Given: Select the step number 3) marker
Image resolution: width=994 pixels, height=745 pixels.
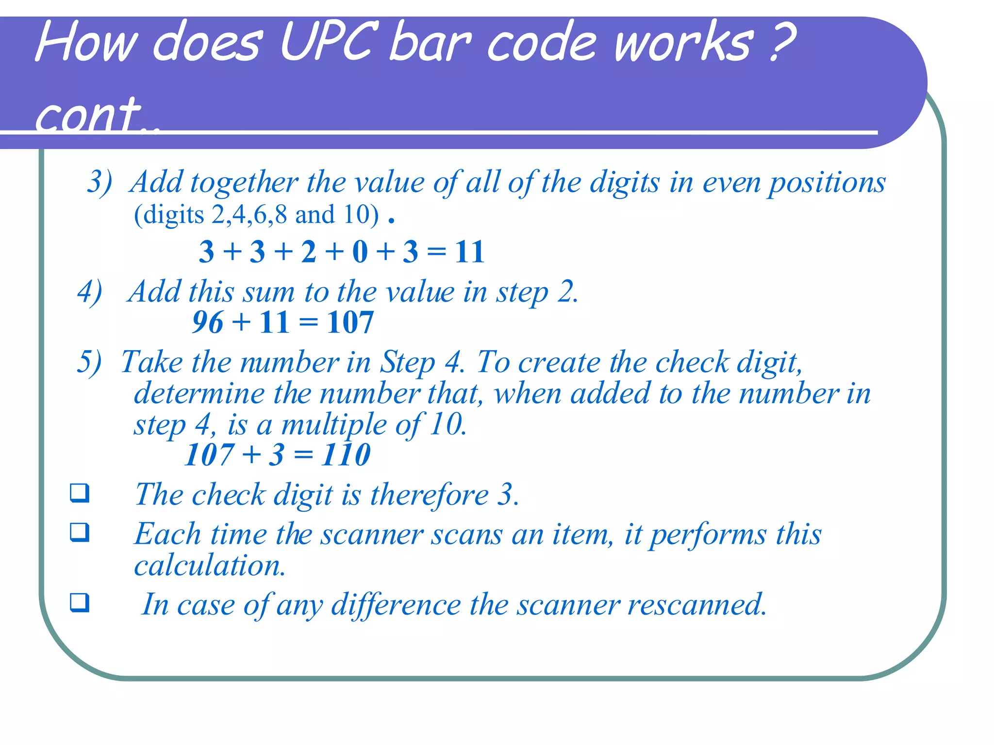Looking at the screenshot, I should [99, 183].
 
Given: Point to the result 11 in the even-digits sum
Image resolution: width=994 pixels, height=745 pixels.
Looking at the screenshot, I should [469, 252].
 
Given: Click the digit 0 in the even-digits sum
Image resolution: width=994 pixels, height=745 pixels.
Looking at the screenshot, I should [360, 252].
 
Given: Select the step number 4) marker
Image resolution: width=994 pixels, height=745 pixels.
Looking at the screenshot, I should [90, 292].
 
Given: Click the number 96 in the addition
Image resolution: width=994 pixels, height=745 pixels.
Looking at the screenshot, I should [207, 322].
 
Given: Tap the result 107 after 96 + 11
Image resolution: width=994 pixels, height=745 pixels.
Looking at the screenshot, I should [350, 322].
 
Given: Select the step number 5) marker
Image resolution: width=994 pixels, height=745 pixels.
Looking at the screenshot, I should [89, 362].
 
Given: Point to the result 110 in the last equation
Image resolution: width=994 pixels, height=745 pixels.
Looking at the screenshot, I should [346, 455].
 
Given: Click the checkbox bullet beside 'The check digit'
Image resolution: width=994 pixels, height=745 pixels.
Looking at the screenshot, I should [80, 493].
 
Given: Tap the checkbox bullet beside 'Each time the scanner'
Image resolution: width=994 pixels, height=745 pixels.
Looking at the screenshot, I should [80, 532].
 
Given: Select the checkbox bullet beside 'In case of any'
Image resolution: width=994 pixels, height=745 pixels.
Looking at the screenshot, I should [80, 602].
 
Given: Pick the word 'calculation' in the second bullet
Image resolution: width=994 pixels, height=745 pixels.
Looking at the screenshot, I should [210, 566].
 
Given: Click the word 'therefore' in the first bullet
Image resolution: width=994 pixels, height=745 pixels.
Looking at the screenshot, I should [429, 495].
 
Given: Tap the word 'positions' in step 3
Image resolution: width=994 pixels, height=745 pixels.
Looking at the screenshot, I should [827, 183].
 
